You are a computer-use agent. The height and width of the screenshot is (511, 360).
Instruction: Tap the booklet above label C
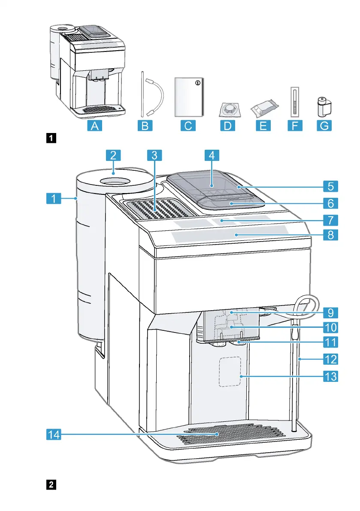point(189,97)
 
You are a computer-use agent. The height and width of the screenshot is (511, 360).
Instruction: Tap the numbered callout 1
point(53,198)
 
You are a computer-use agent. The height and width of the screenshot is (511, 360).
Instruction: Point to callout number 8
point(330,235)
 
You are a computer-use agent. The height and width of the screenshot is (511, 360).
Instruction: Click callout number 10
point(330,327)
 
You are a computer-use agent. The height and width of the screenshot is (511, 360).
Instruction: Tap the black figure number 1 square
point(51,138)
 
